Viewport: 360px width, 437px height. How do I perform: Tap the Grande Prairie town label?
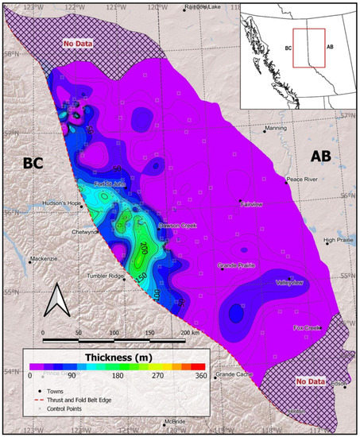(239, 266)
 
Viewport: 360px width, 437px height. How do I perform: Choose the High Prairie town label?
(339, 240)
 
